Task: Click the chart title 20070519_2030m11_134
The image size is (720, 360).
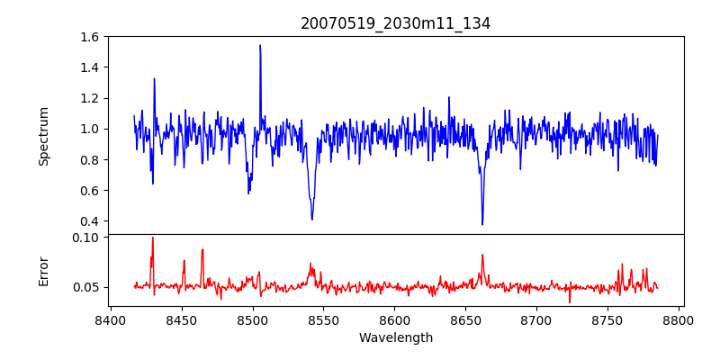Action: pos(395,24)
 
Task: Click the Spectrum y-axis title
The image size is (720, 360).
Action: pos(44,136)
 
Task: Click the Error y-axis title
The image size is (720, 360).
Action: pos(44,271)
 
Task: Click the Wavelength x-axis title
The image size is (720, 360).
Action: pos(395,338)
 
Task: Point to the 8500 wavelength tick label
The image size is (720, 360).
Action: pos(253,319)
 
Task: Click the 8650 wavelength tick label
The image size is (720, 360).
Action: pos(466,319)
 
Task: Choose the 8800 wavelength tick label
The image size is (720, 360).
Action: pos(679,319)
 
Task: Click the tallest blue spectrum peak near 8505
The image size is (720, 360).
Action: pos(260,45)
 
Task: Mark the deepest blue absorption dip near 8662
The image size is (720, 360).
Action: pos(482,224)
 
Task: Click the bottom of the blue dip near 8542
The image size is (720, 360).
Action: pos(312,219)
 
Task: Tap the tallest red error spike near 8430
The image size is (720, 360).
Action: pos(153,238)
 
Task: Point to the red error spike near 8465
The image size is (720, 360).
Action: pos(202,250)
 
